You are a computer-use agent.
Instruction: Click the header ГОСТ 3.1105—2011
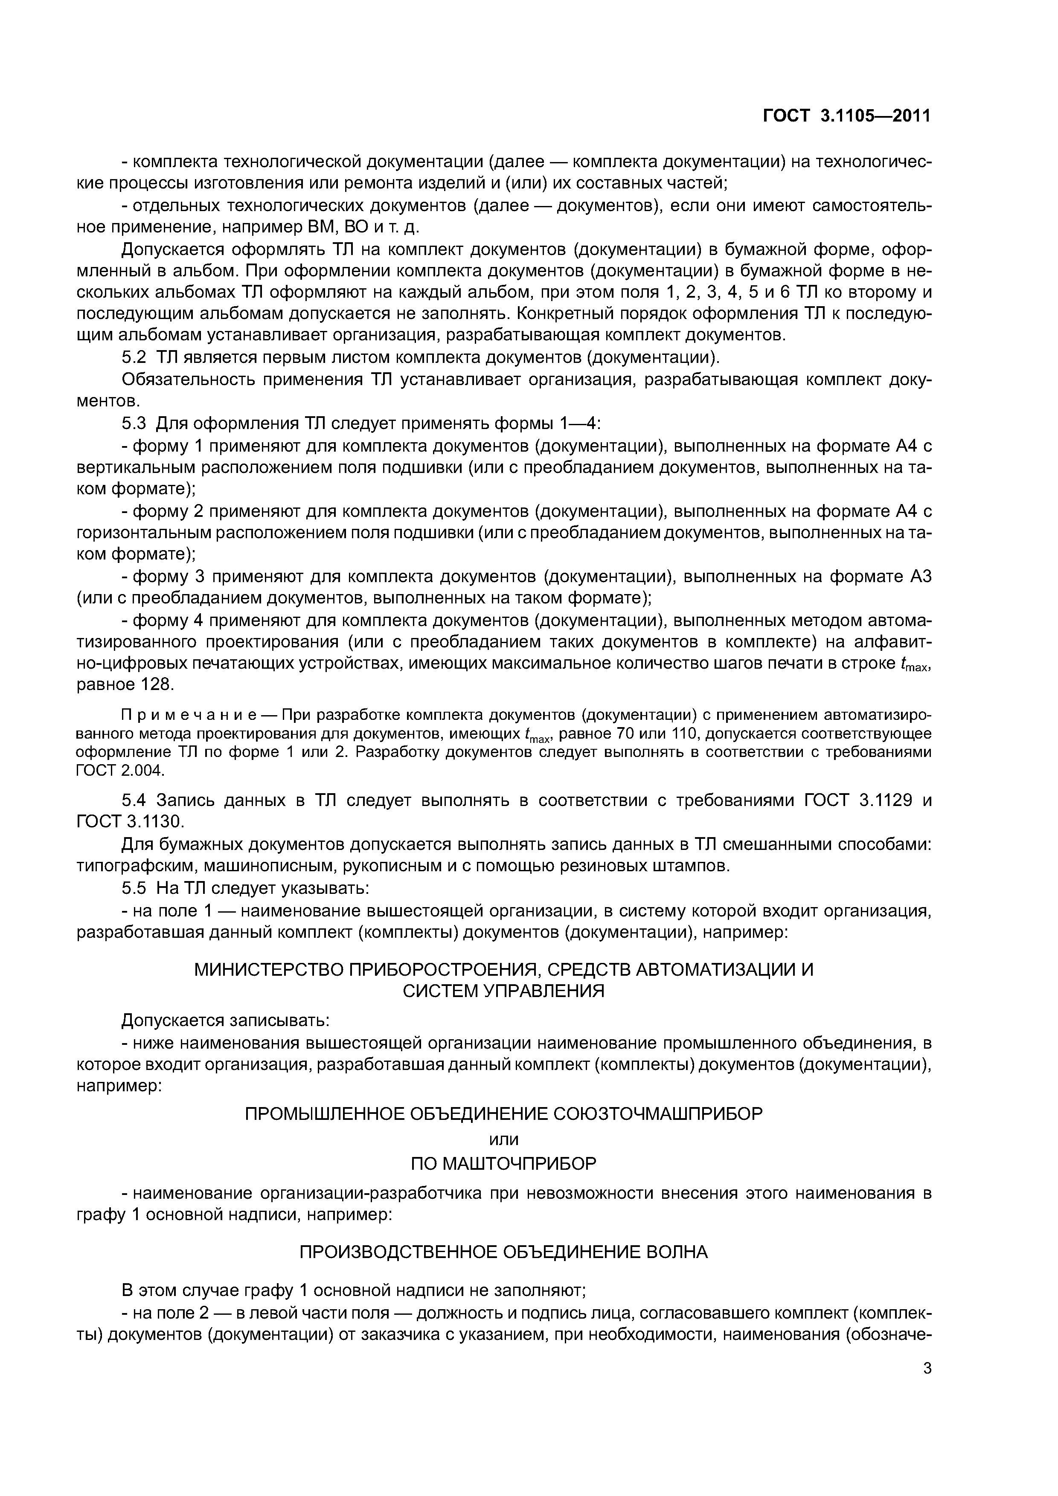pyautogui.click(x=847, y=116)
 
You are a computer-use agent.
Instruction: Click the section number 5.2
pyautogui.click(x=136, y=358)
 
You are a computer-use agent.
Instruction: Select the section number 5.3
pyautogui.click(x=136, y=423)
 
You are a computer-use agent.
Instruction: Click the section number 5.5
pyautogui.click(x=136, y=888)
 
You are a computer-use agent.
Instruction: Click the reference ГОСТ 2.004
pyautogui.click(x=120, y=770)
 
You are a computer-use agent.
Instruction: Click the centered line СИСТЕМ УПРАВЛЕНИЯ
pyautogui.click(x=503, y=991)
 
